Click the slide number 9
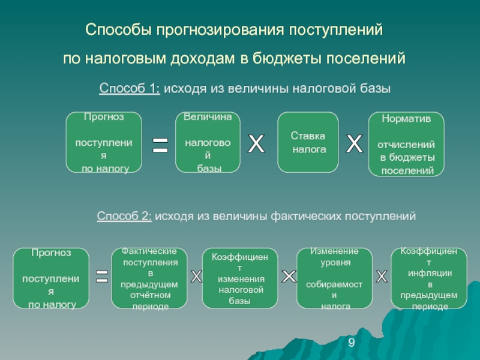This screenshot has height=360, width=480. (x=352, y=343)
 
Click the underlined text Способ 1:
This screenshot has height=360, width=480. (x=130, y=88)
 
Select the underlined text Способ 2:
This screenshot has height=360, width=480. (x=124, y=216)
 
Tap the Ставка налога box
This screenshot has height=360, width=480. (x=308, y=142)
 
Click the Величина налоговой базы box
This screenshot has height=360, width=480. (x=208, y=142)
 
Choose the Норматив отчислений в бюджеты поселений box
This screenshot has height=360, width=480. (x=406, y=144)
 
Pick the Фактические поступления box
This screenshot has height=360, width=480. (x=149, y=278)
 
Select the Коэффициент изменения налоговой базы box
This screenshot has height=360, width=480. (x=240, y=278)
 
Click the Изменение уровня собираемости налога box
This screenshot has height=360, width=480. (x=335, y=278)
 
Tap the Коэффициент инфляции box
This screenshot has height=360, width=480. (x=429, y=278)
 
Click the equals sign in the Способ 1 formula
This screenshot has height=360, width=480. (x=160, y=145)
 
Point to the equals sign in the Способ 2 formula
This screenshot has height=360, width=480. (x=102, y=276)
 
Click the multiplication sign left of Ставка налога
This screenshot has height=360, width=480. (x=256, y=143)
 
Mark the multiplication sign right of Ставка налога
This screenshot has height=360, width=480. (x=354, y=143)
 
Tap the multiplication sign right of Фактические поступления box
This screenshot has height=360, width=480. (x=196, y=277)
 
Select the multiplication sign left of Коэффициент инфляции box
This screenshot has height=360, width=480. (x=382, y=277)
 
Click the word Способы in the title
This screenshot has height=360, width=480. (x=118, y=30)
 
